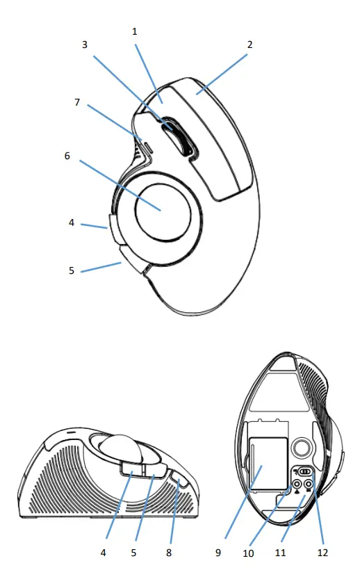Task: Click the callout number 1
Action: (136, 32)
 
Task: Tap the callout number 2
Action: (249, 44)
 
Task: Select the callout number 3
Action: (84, 44)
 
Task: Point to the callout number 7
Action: (78, 103)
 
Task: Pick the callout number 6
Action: (67, 156)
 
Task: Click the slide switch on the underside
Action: (304, 471)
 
